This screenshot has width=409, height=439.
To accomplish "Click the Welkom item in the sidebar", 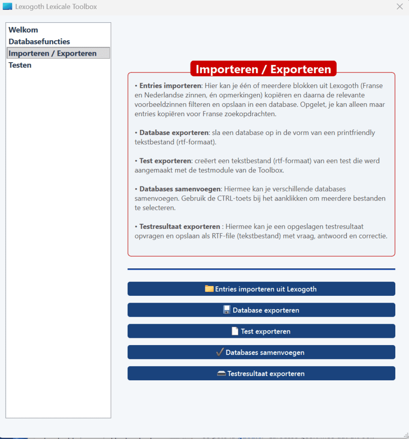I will [x=24, y=30].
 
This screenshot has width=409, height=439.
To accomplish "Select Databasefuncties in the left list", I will [x=39, y=42].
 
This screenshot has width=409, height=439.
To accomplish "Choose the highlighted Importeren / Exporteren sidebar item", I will [x=53, y=54].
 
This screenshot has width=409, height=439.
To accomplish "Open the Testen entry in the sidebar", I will [x=20, y=65].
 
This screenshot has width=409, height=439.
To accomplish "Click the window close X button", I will [x=400, y=6].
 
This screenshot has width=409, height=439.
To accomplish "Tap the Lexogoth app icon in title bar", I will [x=7, y=6].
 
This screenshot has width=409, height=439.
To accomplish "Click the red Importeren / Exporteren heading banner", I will [x=263, y=69].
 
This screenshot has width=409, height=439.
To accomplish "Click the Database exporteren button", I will [x=261, y=310].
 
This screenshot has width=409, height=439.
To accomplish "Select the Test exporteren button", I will [x=261, y=331].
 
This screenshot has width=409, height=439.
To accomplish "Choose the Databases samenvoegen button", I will [x=261, y=352].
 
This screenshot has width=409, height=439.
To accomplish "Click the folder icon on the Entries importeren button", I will [x=209, y=289].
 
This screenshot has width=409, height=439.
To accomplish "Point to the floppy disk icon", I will [x=227, y=310].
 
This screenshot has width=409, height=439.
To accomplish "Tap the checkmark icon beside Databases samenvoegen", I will [x=220, y=352].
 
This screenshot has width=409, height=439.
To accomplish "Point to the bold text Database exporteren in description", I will [x=174, y=133].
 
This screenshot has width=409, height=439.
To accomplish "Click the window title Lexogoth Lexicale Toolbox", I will [x=56, y=6].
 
